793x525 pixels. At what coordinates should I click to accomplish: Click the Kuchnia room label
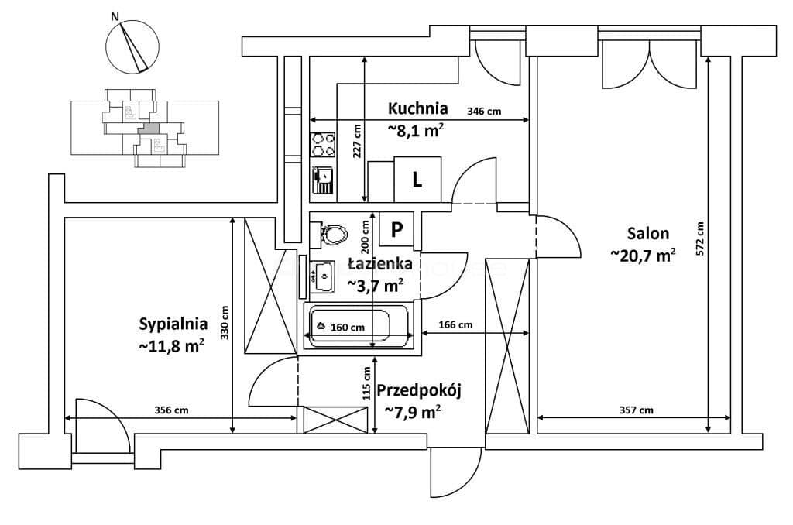tap(417, 108)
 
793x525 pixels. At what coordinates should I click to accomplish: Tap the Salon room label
tap(648, 233)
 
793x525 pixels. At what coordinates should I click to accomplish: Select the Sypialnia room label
tap(173, 324)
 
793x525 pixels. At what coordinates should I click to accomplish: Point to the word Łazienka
tap(379, 263)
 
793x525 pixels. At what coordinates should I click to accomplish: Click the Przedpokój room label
tap(419, 391)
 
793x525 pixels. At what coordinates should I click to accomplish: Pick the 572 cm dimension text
tap(700, 239)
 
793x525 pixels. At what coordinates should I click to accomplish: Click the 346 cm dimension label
tap(484, 112)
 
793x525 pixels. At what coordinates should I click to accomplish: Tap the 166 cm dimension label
tap(455, 324)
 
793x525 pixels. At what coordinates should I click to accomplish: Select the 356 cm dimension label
tap(171, 410)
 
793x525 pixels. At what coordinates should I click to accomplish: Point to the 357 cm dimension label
tap(636, 410)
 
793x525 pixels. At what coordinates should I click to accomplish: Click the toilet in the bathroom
tap(329, 234)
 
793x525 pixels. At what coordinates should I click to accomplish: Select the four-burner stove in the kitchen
tap(323, 145)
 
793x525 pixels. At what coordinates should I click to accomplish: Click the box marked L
tap(417, 180)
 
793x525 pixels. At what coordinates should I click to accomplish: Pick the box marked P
tap(397, 230)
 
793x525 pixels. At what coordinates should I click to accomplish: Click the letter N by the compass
tap(115, 17)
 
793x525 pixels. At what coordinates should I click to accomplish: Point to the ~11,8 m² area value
tap(172, 346)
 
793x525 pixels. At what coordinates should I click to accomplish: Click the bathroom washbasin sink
tap(321, 276)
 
